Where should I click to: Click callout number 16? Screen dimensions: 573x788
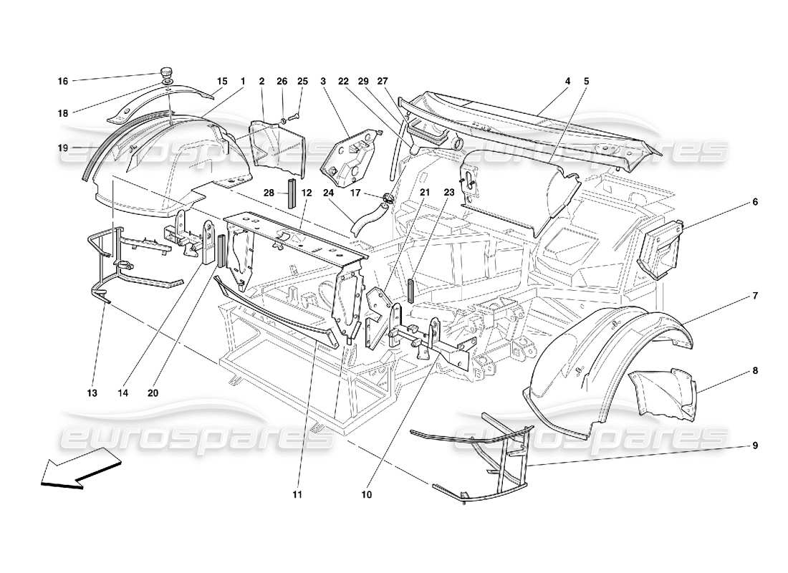[63, 81]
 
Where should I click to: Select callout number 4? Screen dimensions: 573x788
[567, 81]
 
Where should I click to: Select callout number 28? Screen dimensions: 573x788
[269, 193]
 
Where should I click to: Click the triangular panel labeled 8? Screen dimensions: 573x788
[663, 393]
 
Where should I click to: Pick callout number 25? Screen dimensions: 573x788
[302, 81]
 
